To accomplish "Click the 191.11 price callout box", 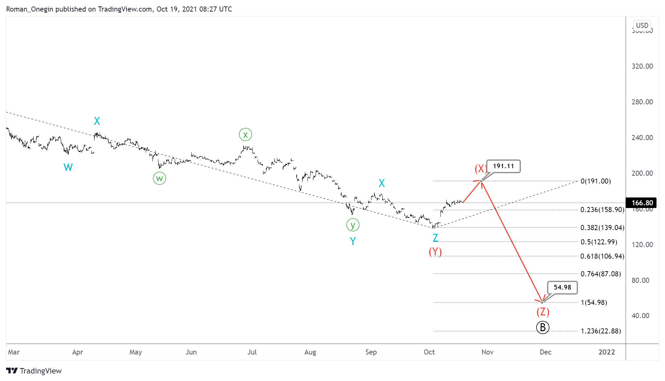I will click(x=503, y=166).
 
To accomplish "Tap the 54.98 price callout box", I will click(x=562, y=288).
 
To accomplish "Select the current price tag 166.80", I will click(x=642, y=203).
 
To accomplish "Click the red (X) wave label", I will click(x=480, y=169).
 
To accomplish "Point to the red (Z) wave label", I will click(x=543, y=312).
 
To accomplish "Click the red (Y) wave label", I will click(x=435, y=252).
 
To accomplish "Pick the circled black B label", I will click(x=543, y=327).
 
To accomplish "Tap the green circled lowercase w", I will click(x=159, y=178).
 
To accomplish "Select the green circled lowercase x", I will click(x=245, y=135).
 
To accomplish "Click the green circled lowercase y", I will click(x=353, y=225).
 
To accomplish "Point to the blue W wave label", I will click(x=68, y=167).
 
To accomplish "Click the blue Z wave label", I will click(x=435, y=238).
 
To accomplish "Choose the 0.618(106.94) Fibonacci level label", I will click(x=602, y=256).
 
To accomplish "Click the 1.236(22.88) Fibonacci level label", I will click(x=600, y=331).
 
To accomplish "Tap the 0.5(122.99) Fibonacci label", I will click(x=598, y=242).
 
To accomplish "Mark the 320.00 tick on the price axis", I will click(x=642, y=66).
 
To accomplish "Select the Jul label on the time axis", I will click(x=252, y=352).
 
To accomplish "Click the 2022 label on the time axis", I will click(x=607, y=352).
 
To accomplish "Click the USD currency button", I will click(x=642, y=25).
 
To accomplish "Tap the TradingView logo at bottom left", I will click(x=34, y=371).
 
